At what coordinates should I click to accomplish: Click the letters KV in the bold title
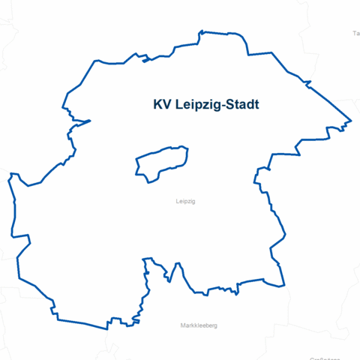click(160, 105)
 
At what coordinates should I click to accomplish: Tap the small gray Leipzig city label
click(184, 202)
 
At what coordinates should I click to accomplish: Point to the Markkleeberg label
click(199, 325)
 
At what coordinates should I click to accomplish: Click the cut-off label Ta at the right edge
click(355, 34)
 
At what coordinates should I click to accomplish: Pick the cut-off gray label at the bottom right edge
click(341, 358)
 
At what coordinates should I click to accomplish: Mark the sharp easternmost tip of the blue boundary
click(351, 121)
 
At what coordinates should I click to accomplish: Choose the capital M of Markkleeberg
click(183, 325)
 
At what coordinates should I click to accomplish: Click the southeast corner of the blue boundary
click(285, 285)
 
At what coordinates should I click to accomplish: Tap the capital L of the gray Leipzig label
click(176, 202)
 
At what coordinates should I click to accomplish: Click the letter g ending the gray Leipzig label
click(193, 202)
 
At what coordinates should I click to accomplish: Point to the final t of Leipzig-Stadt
click(257, 105)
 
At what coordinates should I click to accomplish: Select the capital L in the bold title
click(177, 105)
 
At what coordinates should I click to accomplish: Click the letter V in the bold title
click(166, 105)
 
